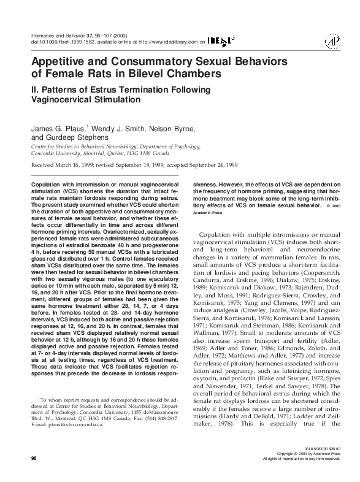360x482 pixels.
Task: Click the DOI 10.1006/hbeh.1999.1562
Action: point(67,42)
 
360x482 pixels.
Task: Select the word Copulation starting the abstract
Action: point(47,185)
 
